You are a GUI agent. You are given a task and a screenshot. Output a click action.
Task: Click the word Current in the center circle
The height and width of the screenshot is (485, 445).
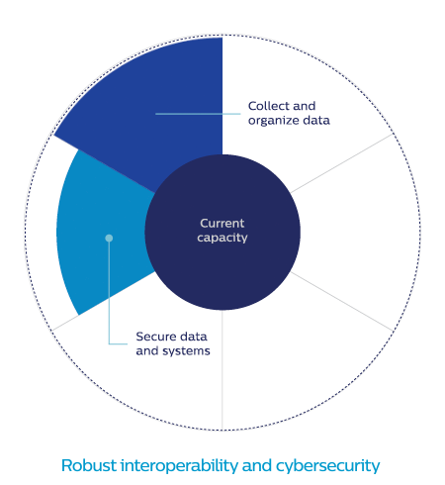222,224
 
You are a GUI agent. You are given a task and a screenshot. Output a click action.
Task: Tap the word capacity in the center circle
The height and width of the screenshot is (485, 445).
222,238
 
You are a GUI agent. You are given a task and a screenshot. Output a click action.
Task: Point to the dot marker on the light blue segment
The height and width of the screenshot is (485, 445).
109,238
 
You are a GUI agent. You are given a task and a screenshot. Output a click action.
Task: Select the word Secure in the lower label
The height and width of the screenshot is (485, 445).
155,337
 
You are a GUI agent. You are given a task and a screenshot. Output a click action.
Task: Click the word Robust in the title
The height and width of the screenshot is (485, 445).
89,465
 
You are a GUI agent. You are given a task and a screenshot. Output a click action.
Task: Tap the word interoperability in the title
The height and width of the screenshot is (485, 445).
179,466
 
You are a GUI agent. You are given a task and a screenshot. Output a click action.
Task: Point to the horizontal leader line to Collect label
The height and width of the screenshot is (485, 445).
198,114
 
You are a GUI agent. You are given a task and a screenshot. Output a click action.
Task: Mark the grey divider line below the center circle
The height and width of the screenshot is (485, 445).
222,370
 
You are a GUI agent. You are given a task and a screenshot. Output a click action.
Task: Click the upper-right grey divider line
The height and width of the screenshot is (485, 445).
342,163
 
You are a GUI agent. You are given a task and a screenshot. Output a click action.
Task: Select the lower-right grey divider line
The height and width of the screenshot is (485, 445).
342,302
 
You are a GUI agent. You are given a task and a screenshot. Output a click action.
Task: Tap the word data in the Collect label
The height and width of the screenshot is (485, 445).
316,120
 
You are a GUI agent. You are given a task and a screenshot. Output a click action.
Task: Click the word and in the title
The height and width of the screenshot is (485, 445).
257,465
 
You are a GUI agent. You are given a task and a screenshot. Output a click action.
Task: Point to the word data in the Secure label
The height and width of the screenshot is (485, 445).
194,337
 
